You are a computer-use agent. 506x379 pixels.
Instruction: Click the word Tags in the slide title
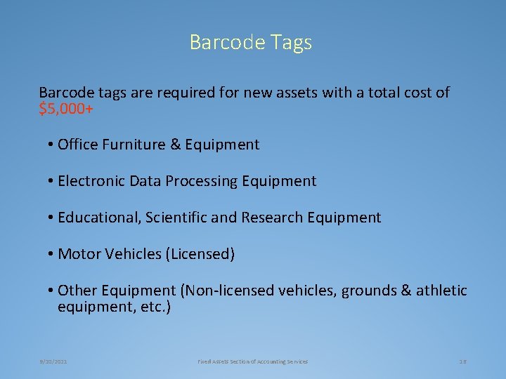pos(290,43)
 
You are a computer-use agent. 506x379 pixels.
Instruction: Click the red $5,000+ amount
pos(67,109)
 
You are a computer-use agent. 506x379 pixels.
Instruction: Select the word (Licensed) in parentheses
pos(200,254)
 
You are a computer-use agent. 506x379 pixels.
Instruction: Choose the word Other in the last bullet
pos(77,291)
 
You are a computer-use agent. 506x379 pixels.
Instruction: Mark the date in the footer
pos(53,361)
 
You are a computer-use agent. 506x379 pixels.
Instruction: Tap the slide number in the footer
pos(462,361)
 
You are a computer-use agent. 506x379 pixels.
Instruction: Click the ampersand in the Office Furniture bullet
pos(176,145)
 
